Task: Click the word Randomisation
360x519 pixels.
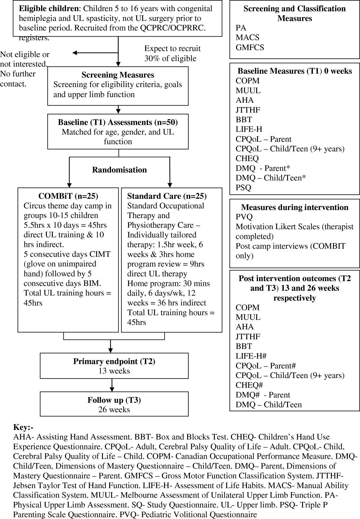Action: (x=119, y=170)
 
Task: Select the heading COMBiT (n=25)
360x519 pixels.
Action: (x=68, y=196)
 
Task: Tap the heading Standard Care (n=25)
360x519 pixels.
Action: (x=167, y=196)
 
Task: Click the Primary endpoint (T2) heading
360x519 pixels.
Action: (x=114, y=361)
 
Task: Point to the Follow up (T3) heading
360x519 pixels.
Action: (x=114, y=400)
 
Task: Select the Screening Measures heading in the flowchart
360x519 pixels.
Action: (x=118, y=75)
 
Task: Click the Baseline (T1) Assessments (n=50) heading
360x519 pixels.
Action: (x=118, y=122)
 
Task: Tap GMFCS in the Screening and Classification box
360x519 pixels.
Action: (x=250, y=47)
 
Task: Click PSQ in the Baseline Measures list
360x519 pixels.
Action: (x=243, y=187)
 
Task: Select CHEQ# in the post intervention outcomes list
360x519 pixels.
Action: (x=249, y=385)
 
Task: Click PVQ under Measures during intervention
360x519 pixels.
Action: (x=244, y=217)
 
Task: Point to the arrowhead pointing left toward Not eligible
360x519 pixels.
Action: (x=75, y=53)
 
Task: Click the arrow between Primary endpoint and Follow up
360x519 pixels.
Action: (x=112, y=385)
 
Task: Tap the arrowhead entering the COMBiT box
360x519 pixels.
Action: (x=69, y=185)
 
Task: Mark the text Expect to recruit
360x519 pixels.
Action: (x=172, y=49)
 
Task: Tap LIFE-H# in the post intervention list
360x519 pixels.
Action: (x=251, y=356)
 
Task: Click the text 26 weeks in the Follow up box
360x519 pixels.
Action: (x=114, y=409)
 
